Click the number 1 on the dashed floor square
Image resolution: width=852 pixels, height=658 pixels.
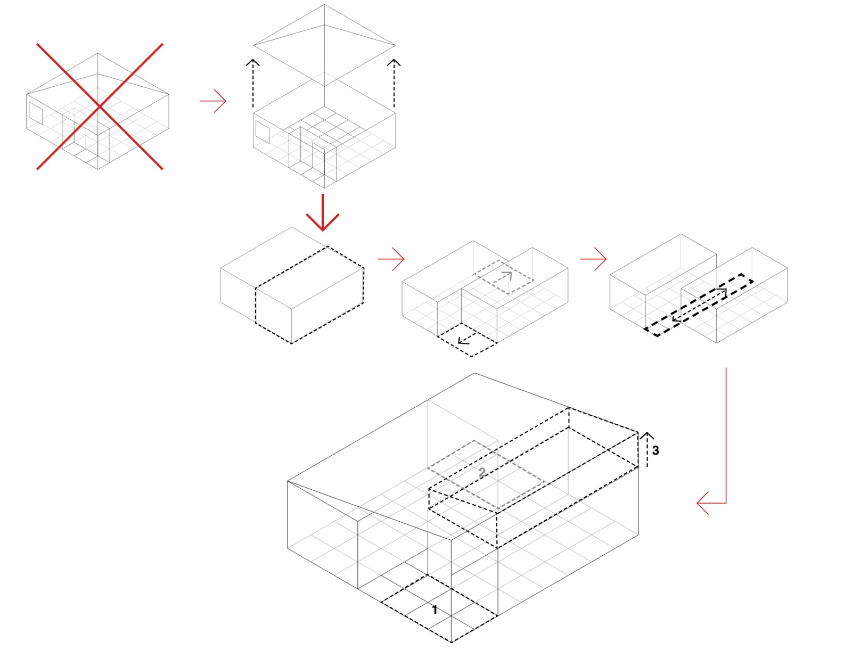tap(435, 610)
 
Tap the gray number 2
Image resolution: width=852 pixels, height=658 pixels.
tap(482, 472)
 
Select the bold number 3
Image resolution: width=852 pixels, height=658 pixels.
tap(656, 451)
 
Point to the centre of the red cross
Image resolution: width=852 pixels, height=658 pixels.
tap(100, 106)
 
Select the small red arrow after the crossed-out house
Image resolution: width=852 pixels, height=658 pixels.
tap(213, 101)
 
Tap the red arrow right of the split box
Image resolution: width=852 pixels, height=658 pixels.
tap(391, 259)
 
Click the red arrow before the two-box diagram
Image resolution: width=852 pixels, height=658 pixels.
tap(593, 259)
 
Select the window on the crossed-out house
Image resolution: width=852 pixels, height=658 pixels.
tap(35, 113)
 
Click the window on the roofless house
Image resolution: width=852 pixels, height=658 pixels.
tap(262, 132)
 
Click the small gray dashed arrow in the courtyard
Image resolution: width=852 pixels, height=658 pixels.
tap(506, 276)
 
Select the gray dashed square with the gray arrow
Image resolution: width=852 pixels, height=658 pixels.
tap(503, 277)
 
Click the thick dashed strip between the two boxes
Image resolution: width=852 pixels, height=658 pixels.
tap(699, 305)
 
